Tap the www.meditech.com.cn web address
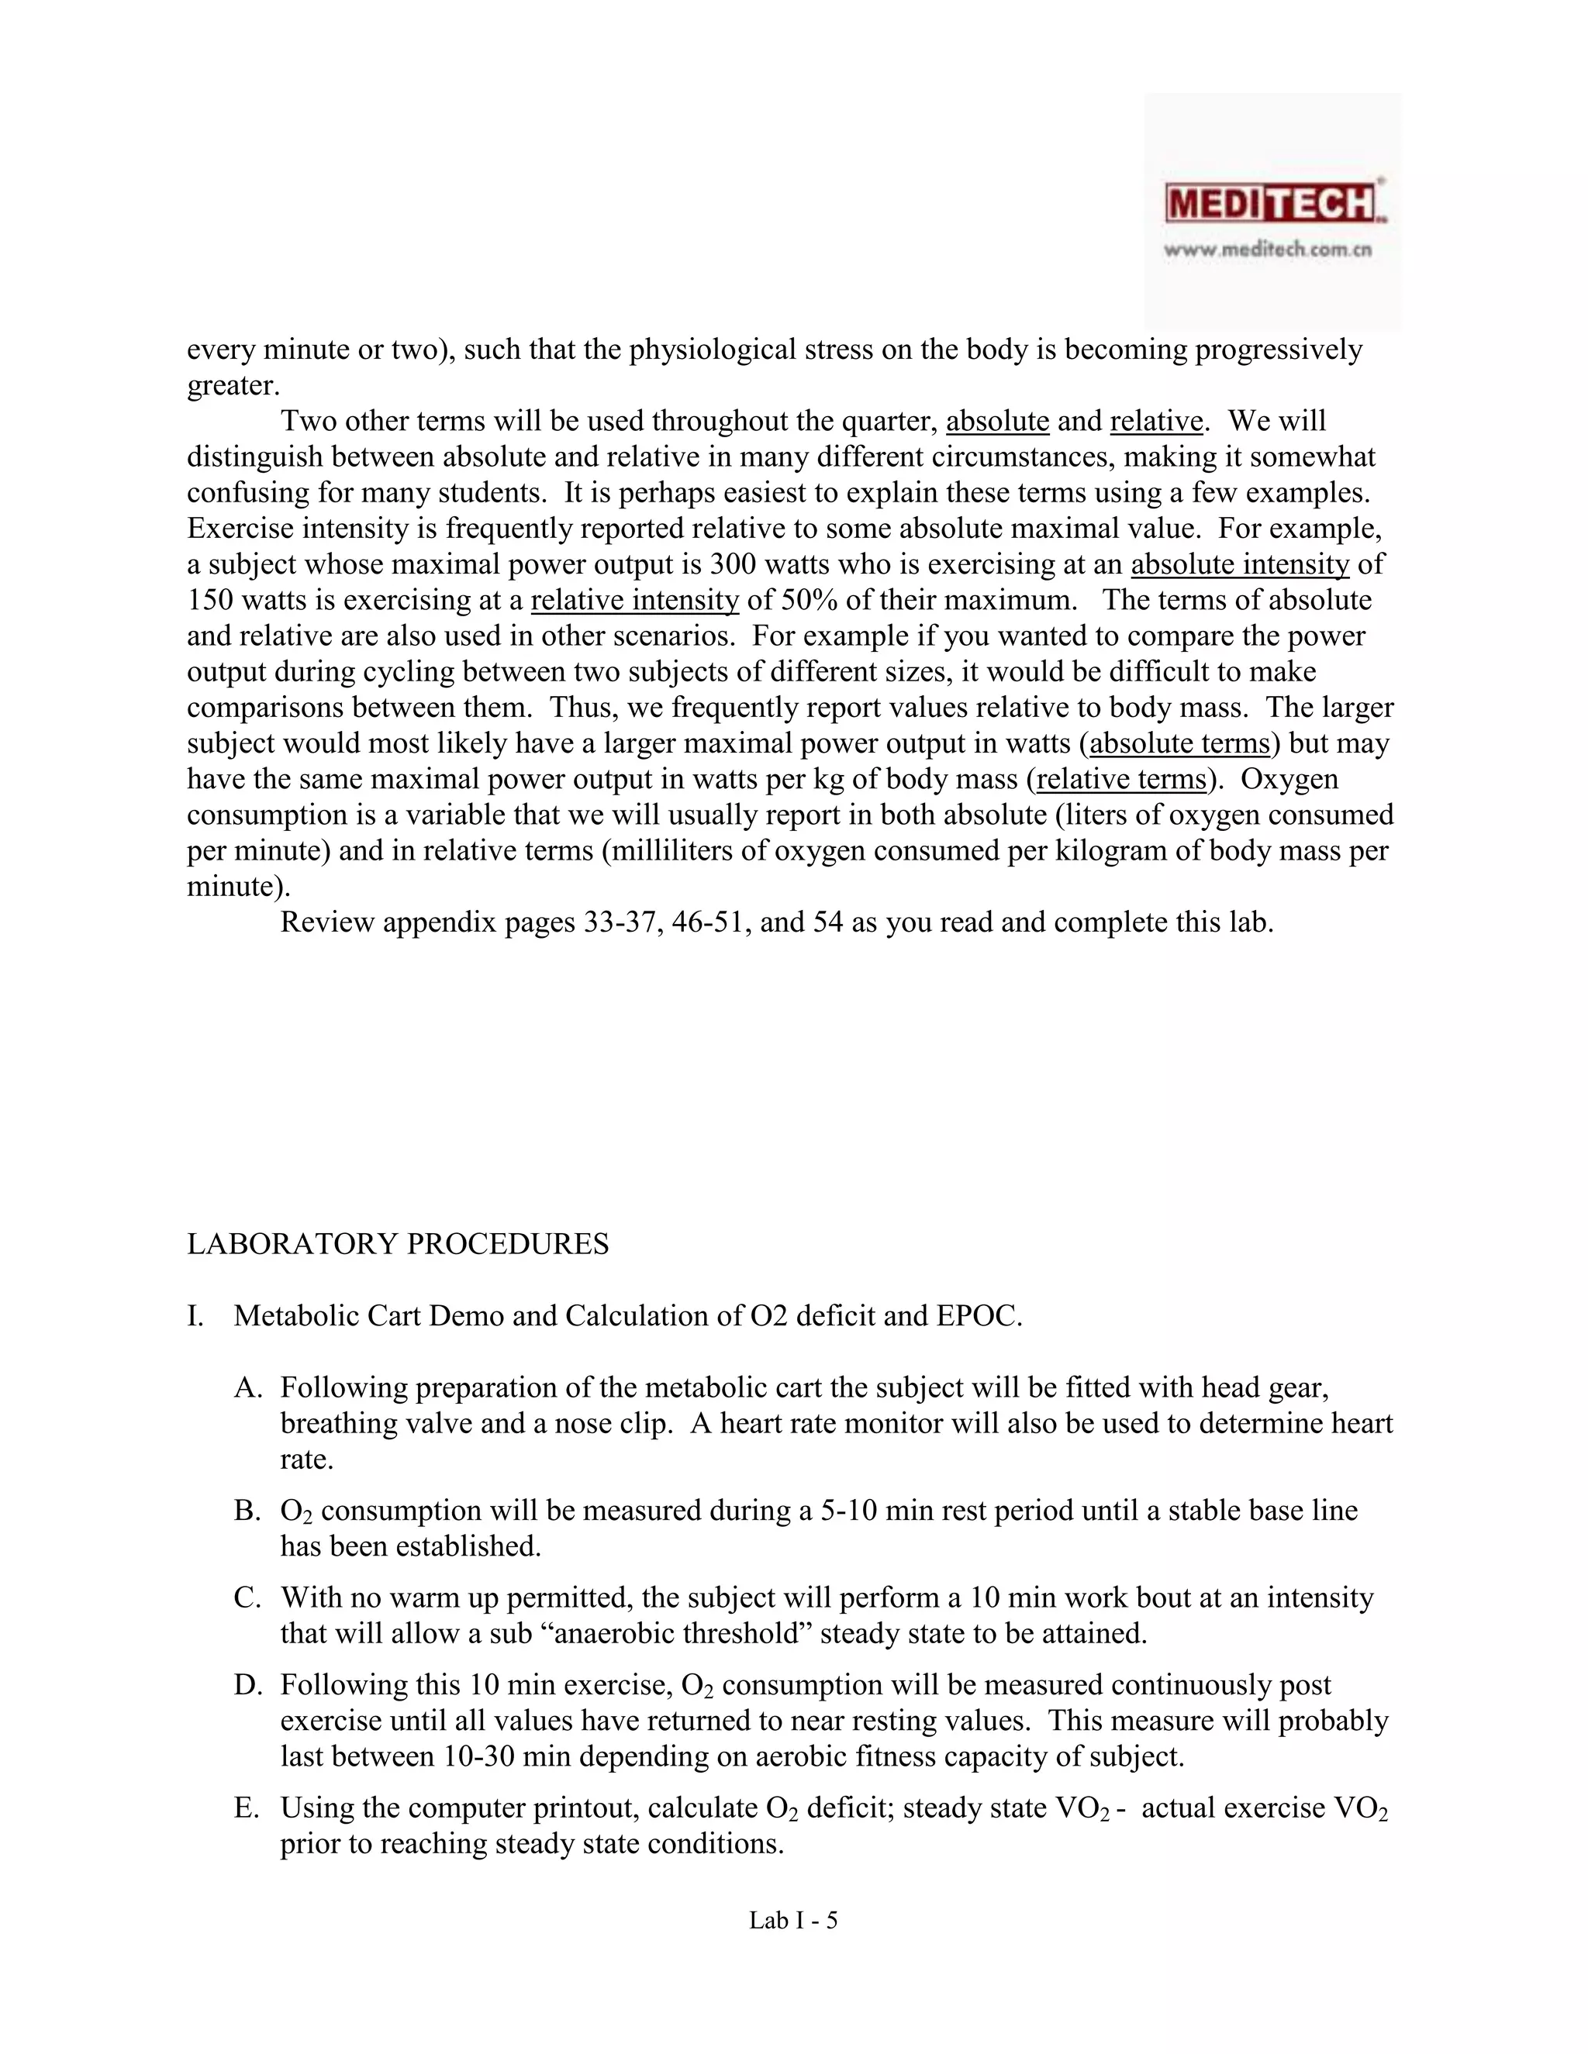tap(1267, 250)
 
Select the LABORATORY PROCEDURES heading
tap(398, 1244)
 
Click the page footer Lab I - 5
tap(793, 1921)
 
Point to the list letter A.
tap(246, 1387)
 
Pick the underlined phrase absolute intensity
tap(1240, 564)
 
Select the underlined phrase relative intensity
tap(635, 600)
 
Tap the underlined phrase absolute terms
tap(1179, 743)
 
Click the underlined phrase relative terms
tap(1120, 779)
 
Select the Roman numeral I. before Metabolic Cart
tap(195, 1316)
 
